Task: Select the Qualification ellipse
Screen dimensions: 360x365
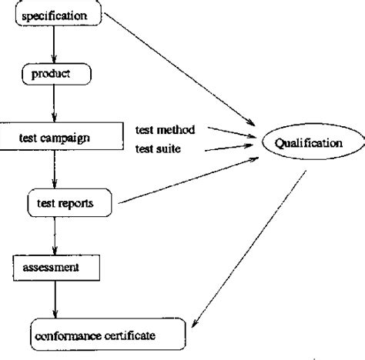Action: (313, 143)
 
